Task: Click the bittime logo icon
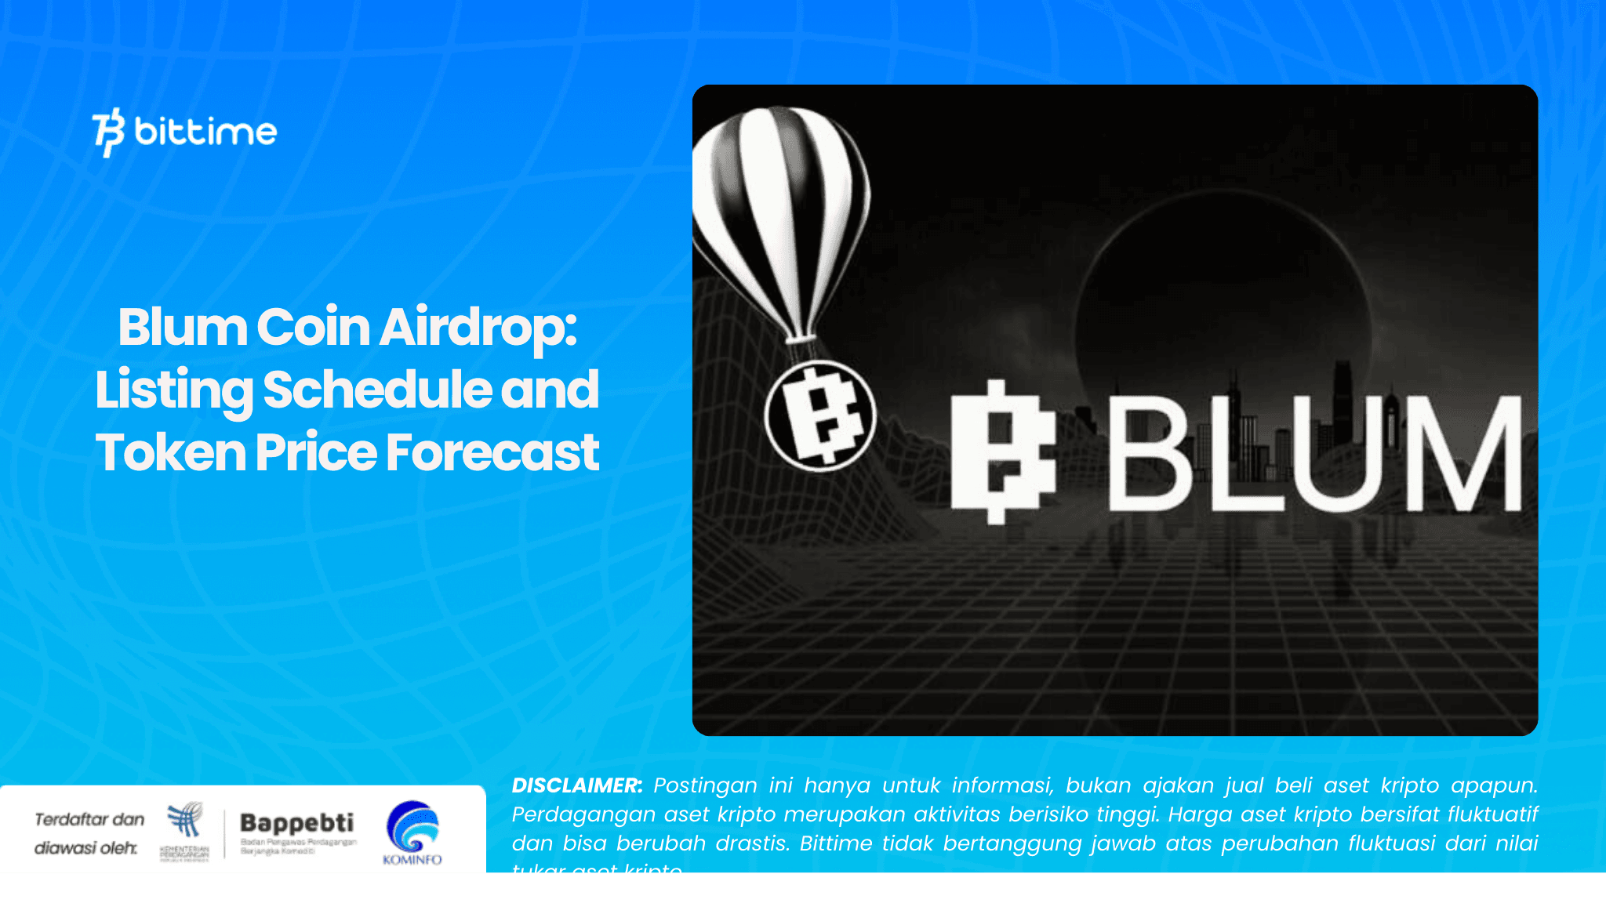pyautogui.click(x=108, y=132)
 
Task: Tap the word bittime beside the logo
pyautogui.click(x=205, y=132)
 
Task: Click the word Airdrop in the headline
pyautogui.click(x=478, y=327)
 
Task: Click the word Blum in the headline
pyautogui.click(x=182, y=327)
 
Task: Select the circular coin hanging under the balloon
pyautogui.click(x=820, y=415)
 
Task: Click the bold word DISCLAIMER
pyautogui.click(x=576, y=785)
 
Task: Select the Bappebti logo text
pyautogui.click(x=296, y=823)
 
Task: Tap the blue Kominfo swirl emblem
pyautogui.click(x=412, y=826)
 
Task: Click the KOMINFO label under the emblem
pyautogui.click(x=412, y=860)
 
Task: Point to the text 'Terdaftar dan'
pyautogui.click(x=89, y=820)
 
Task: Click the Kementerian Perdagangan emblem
pyautogui.click(x=185, y=821)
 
